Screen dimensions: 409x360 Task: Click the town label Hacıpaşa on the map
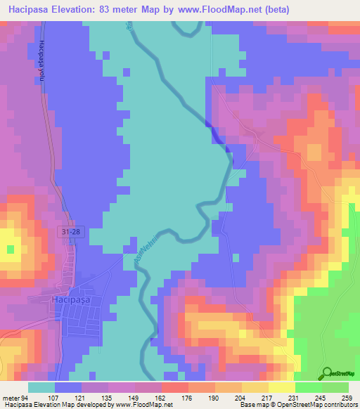88,300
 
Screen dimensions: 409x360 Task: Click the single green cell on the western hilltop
10,248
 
